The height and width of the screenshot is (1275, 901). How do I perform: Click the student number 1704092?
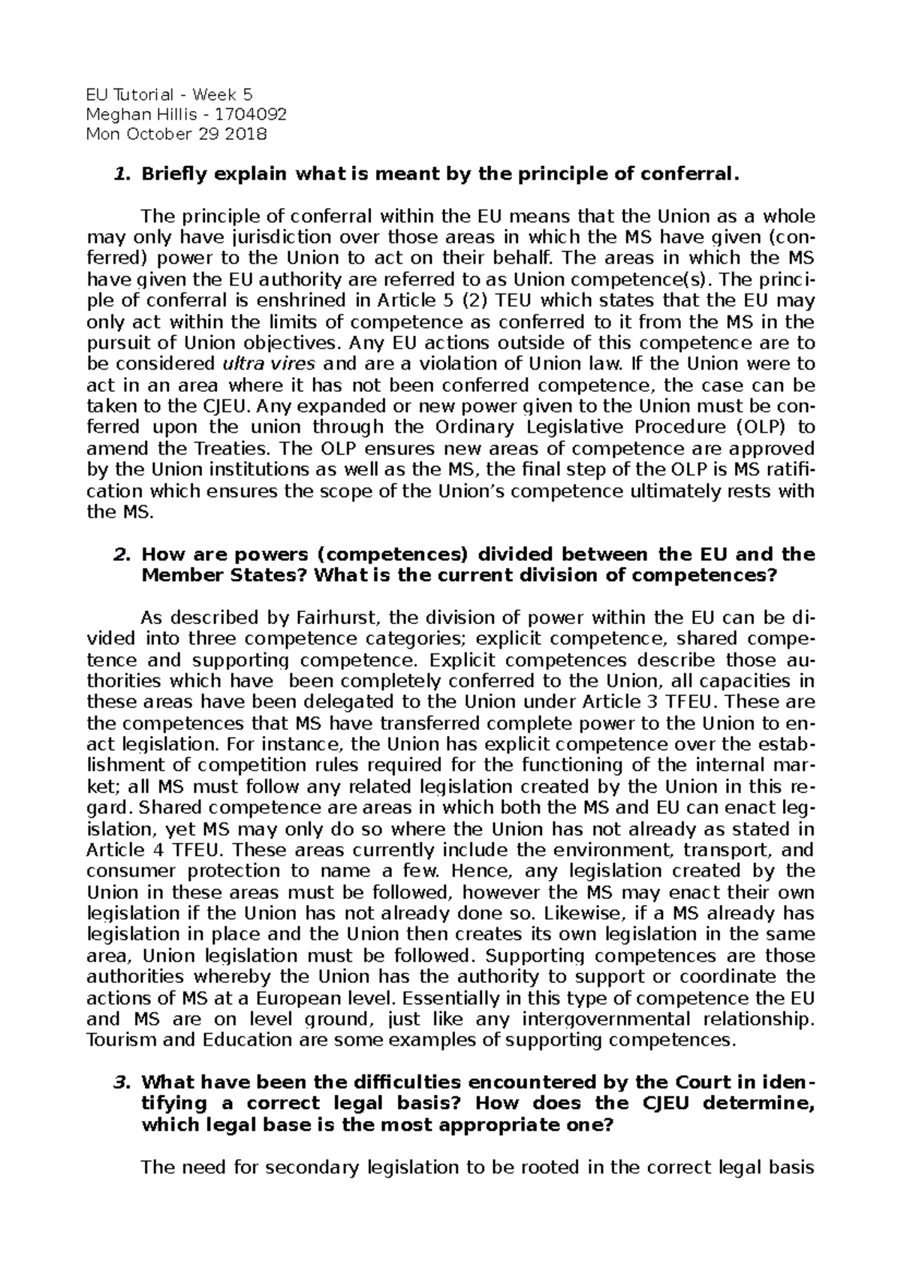click(x=251, y=114)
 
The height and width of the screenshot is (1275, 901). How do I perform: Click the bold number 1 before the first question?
click(x=118, y=175)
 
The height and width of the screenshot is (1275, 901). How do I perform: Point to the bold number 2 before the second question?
click(x=118, y=554)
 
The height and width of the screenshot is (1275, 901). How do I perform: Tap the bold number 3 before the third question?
click(x=118, y=1082)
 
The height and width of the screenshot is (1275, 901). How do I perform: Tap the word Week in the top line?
click(x=212, y=94)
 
